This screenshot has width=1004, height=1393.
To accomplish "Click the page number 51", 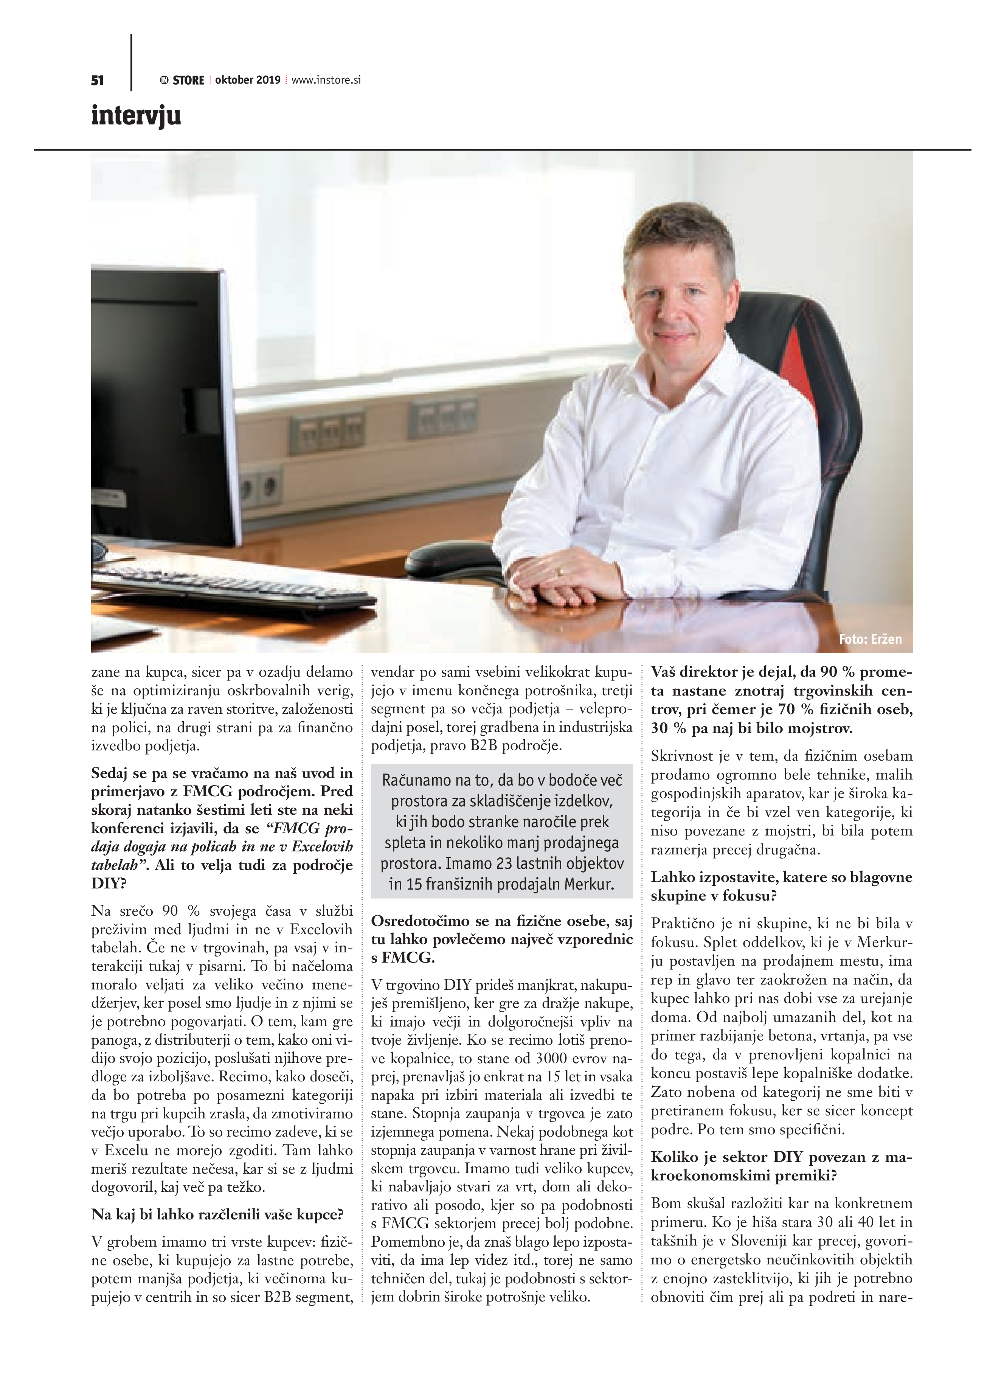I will (97, 81).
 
